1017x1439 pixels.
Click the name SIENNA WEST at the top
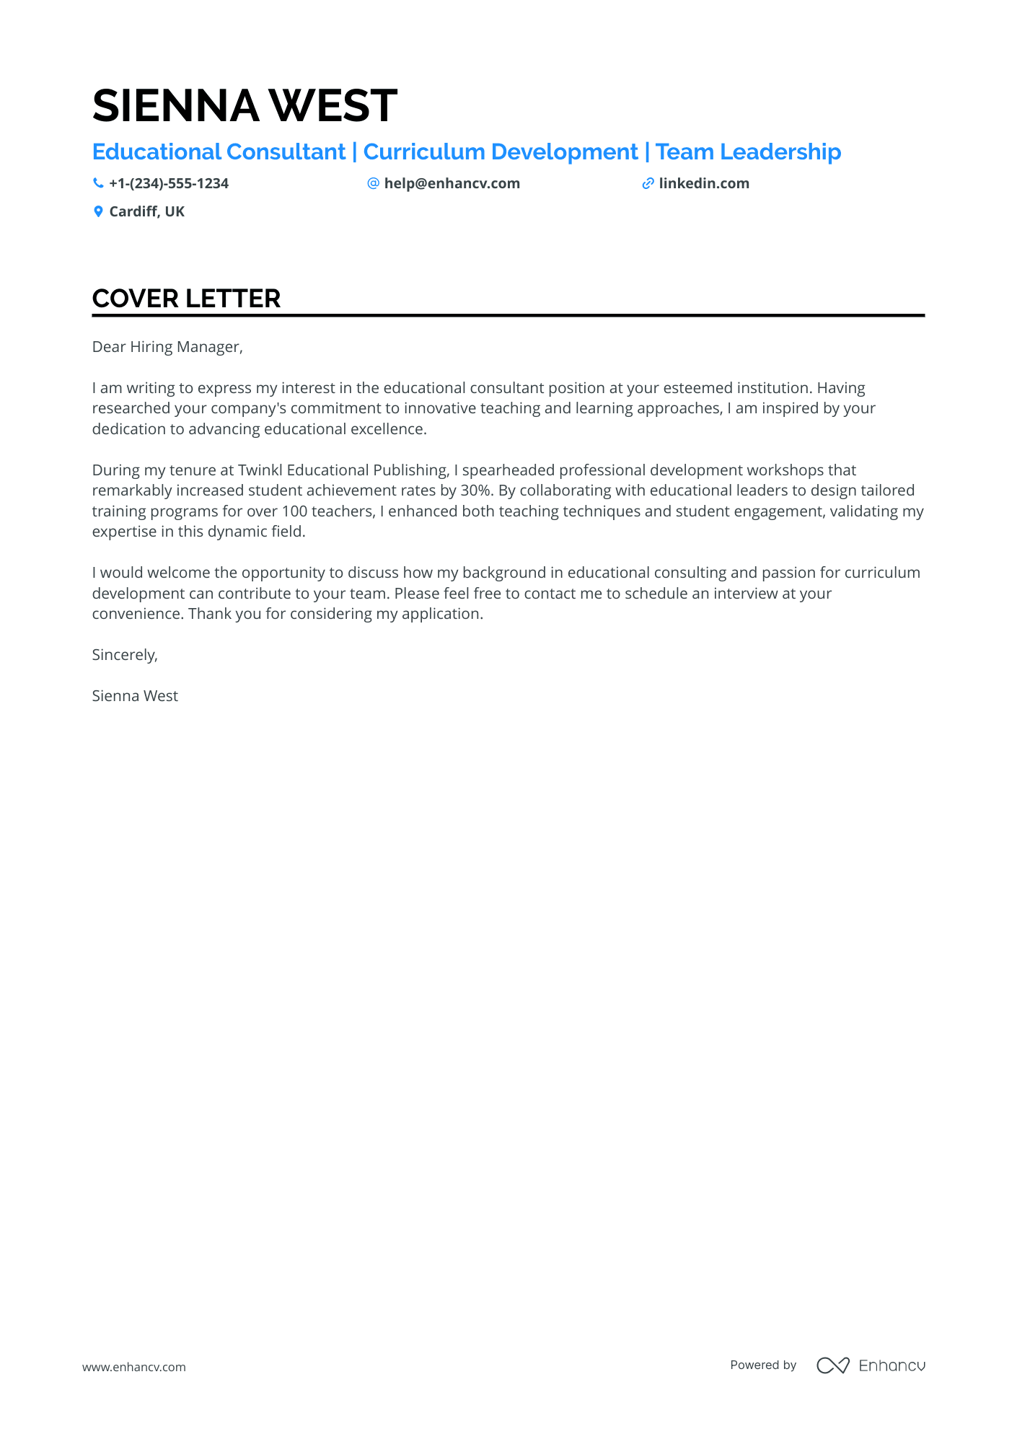pyautogui.click(x=245, y=105)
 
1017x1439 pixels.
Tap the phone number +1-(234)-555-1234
pyautogui.click(x=169, y=184)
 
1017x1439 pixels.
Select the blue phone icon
pyautogui.click(x=98, y=183)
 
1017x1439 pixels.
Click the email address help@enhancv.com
pyautogui.click(x=452, y=184)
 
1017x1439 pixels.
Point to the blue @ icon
pyautogui.click(x=373, y=183)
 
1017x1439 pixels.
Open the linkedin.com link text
pyautogui.click(x=704, y=184)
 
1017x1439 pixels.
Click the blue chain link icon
pyautogui.click(x=648, y=184)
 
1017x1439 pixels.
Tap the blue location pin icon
pyautogui.click(x=98, y=211)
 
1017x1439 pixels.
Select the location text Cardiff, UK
pyautogui.click(x=146, y=211)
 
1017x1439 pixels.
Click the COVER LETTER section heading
pyautogui.click(x=186, y=299)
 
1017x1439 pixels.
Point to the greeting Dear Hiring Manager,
pyautogui.click(x=167, y=347)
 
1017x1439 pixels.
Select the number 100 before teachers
pyautogui.click(x=294, y=511)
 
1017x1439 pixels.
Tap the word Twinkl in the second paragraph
pyautogui.click(x=260, y=470)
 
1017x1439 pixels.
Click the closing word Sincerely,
pyautogui.click(x=125, y=655)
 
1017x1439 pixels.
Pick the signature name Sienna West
pyautogui.click(x=135, y=696)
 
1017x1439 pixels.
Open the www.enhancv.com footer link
pyautogui.click(x=134, y=1367)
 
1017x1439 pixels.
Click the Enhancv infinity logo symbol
pyautogui.click(x=832, y=1365)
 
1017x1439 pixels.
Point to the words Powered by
pyautogui.click(x=763, y=1365)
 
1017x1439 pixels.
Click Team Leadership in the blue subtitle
pyautogui.click(x=748, y=152)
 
